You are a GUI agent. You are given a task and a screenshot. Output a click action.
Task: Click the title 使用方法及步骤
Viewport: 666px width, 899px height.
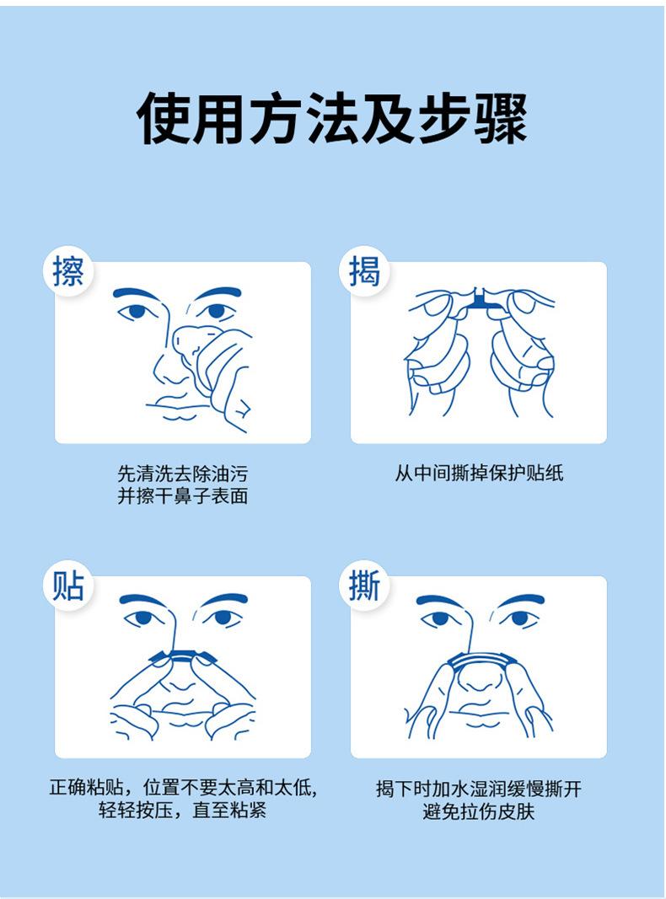point(332,119)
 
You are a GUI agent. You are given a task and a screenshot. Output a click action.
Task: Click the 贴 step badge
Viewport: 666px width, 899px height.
point(68,586)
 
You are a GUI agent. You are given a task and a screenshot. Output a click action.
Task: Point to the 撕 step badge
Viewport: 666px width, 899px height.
point(364,586)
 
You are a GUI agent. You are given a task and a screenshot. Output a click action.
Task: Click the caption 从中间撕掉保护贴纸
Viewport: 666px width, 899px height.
point(479,473)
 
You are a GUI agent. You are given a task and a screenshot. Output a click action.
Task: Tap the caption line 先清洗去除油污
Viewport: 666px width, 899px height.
point(182,474)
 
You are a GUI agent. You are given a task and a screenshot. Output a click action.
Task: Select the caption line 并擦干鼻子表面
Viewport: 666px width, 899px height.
point(182,496)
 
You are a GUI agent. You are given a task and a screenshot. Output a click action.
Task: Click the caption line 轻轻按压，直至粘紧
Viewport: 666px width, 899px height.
point(182,811)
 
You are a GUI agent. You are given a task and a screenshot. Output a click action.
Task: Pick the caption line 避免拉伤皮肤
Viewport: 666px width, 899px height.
point(479,811)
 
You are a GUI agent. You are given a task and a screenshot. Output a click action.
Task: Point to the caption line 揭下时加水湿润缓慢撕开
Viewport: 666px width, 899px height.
point(479,789)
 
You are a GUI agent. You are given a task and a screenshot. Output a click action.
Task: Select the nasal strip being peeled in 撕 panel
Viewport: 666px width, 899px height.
point(481,660)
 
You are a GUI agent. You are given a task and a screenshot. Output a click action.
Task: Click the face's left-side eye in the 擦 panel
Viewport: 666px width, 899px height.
point(137,312)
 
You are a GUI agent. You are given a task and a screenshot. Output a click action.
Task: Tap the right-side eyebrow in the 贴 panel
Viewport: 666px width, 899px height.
point(225,600)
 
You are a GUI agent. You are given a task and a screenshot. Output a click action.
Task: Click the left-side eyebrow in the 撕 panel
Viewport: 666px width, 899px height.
point(439,601)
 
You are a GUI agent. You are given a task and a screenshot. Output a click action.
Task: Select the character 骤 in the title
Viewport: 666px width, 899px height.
point(500,119)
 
